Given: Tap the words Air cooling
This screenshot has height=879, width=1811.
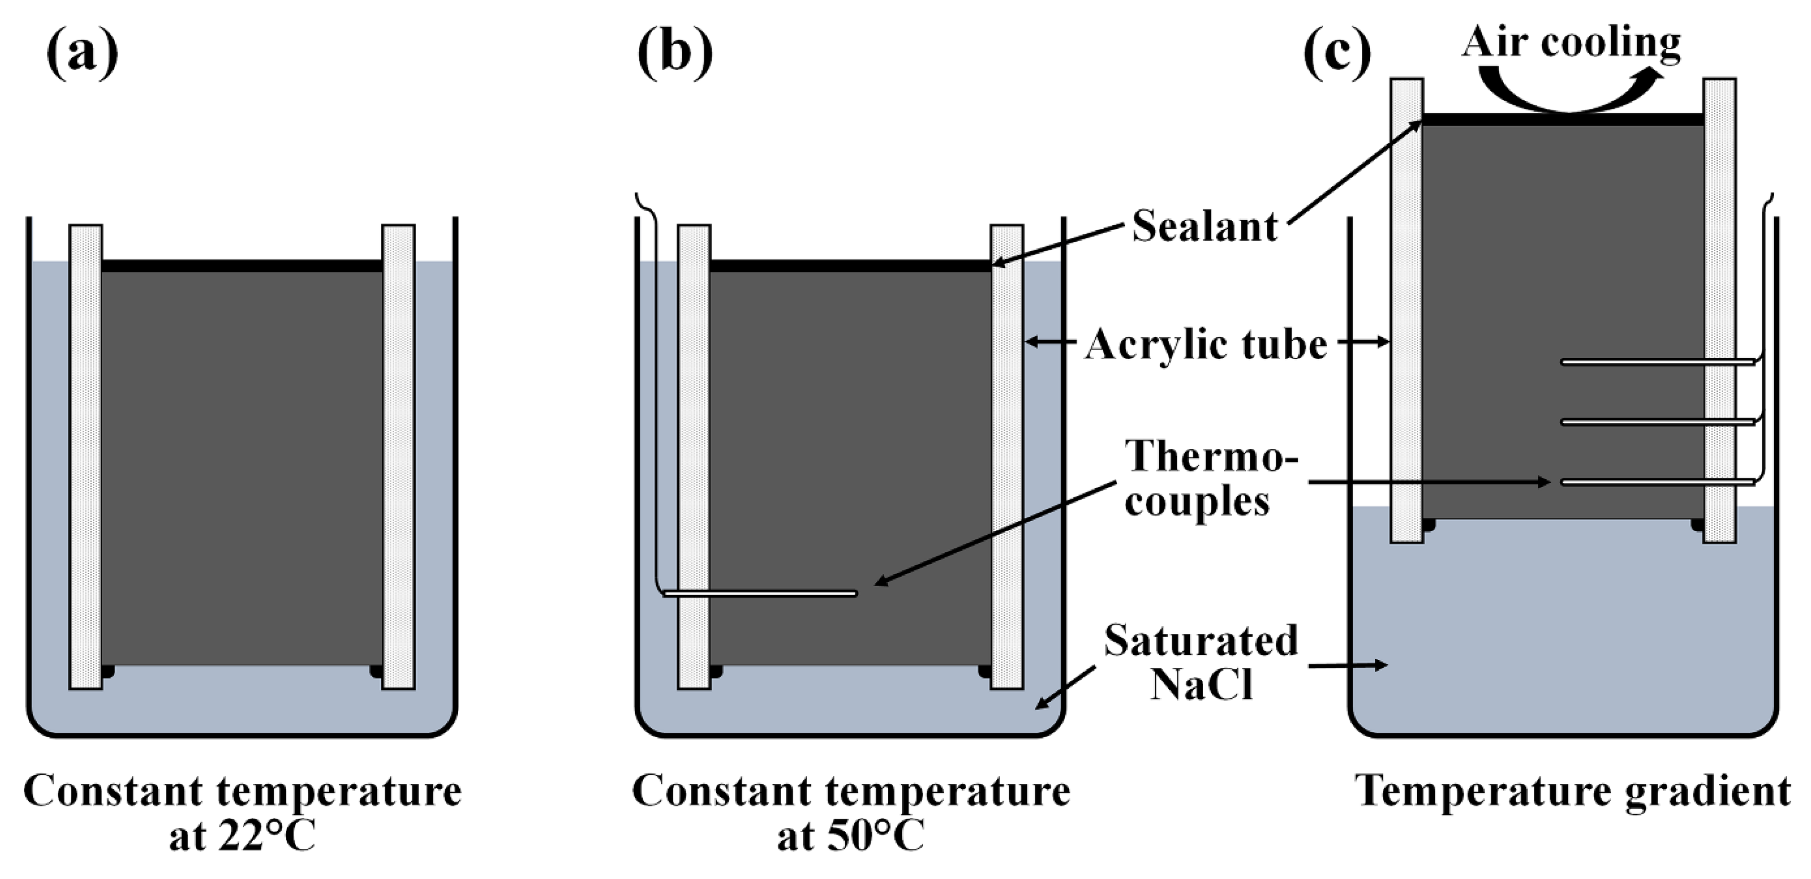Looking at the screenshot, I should tap(1571, 42).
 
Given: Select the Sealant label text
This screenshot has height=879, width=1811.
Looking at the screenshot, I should tap(1204, 227).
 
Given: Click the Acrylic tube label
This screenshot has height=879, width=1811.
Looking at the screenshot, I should tap(1206, 345).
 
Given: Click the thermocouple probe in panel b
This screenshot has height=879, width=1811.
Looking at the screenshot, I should tap(760, 594).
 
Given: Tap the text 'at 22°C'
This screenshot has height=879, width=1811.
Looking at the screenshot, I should tap(243, 836).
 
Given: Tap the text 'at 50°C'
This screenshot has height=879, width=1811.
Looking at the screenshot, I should tap(851, 836).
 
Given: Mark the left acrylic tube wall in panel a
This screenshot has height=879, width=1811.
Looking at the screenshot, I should tap(86, 457).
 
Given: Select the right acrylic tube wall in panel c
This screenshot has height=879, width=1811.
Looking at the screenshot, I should tap(1720, 309).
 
